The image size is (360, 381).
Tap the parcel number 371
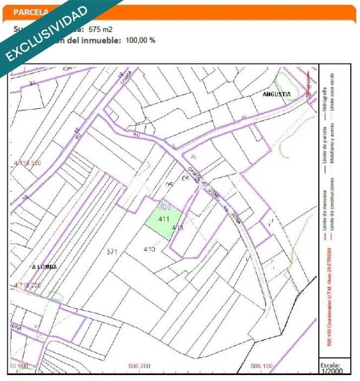(x=112, y=252)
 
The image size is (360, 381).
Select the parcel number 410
(x=149, y=249)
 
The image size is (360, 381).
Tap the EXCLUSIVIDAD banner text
(x=47, y=34)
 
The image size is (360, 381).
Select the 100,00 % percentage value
(x=141, y=40)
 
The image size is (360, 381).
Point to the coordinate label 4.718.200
(x=28, y=286)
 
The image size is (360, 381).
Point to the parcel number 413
(x=177, y=228)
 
